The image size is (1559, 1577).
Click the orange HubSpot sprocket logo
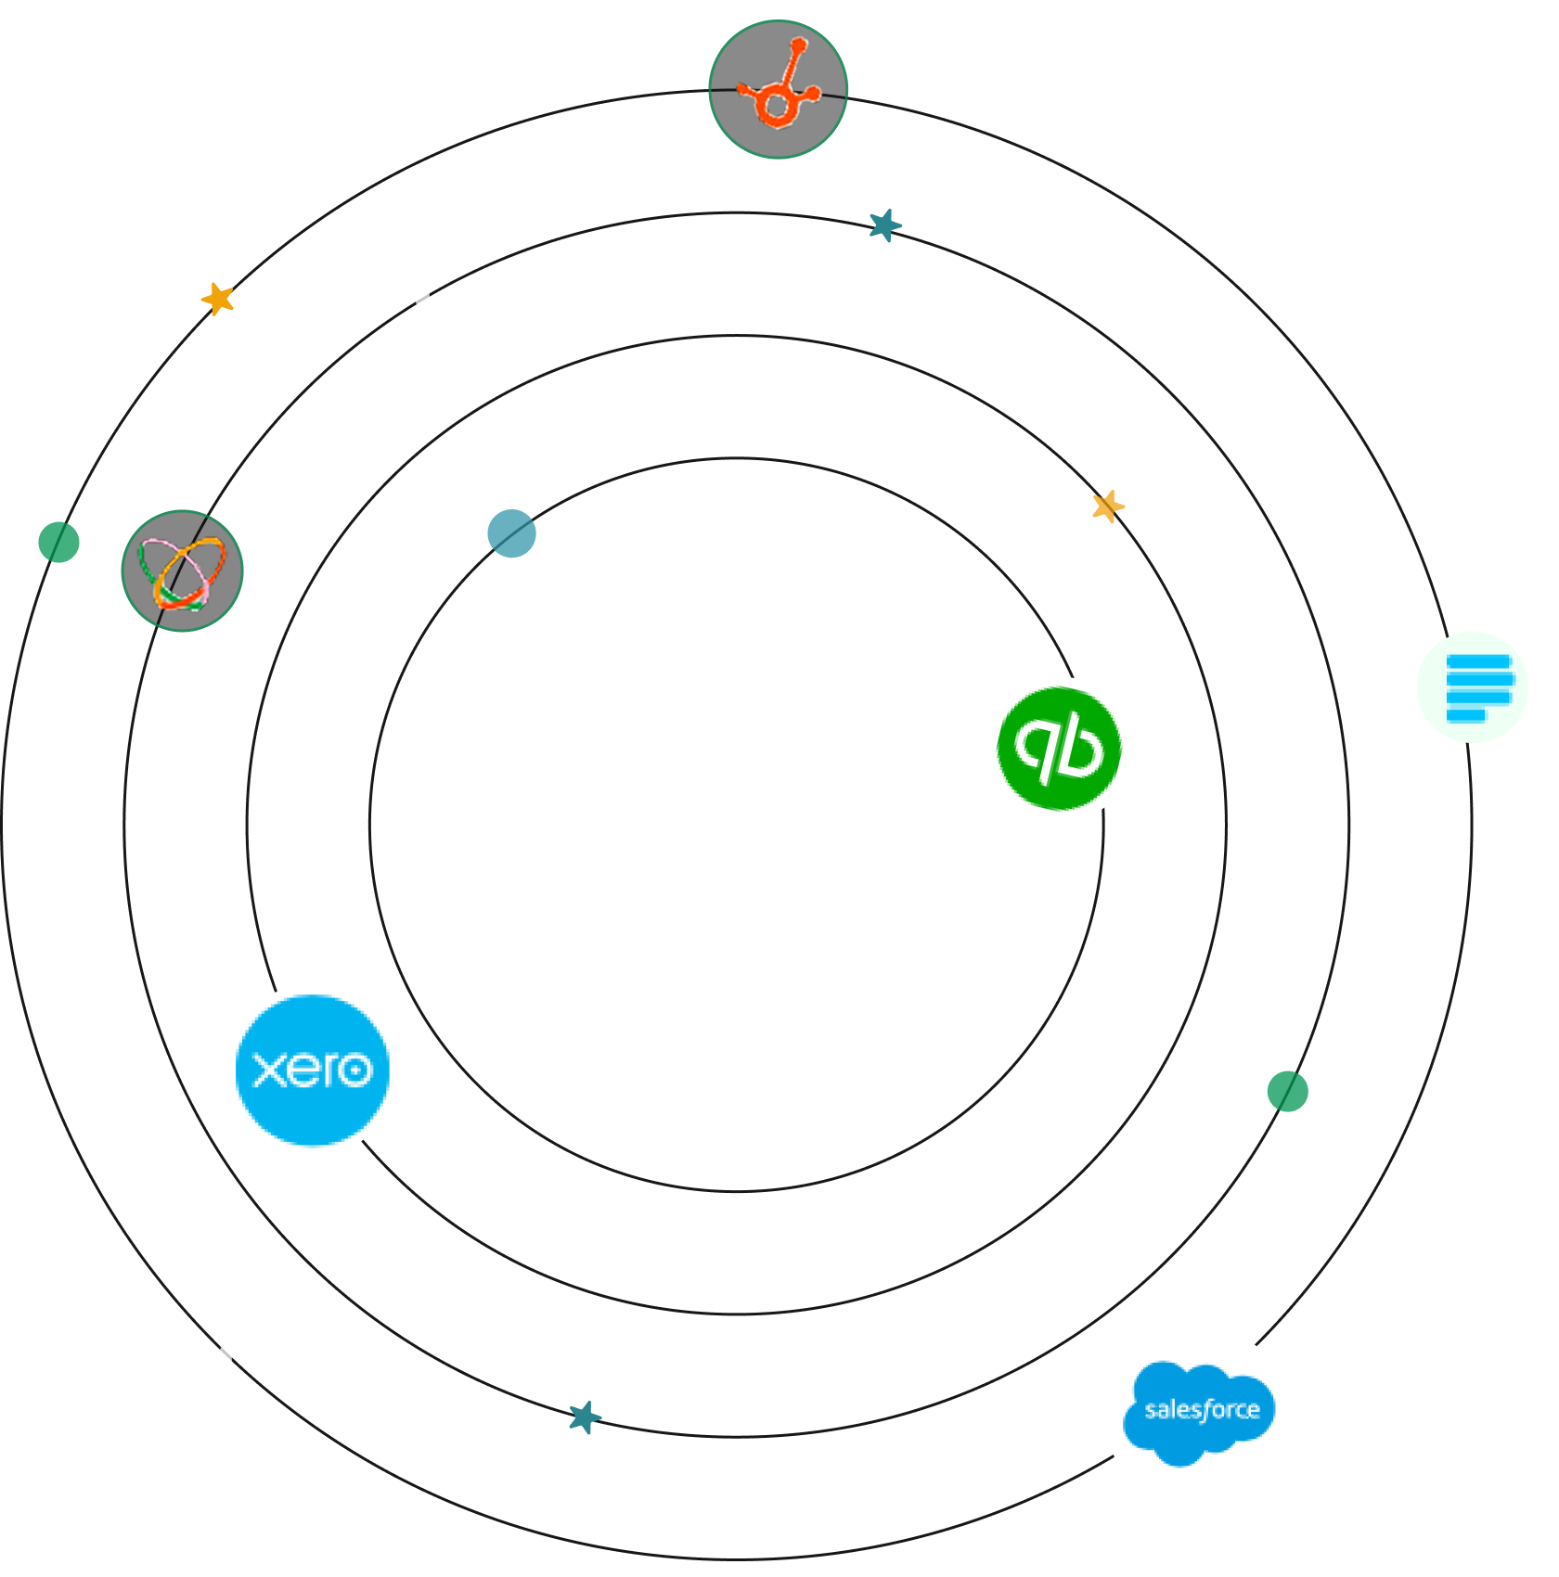(x=778, y=89)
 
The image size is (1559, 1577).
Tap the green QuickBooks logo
(x=1061, y=749)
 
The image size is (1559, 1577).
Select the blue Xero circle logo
(x=312, y=1070)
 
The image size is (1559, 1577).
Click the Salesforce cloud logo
(x=1197, y=1416)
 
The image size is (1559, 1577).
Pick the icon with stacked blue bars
(x=1473, y=686)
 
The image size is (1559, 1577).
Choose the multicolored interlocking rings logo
(x=182, y=571)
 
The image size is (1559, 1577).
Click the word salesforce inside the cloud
(x=1202, y=1410)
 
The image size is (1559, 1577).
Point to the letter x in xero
(x=269, y=1071)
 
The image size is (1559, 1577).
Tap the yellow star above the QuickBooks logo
(x=1108, y=506)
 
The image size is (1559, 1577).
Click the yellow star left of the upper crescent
(x=218, y=299)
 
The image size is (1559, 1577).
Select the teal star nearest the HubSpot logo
(x=885, y=224)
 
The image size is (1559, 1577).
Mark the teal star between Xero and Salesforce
(x=585, y=1417)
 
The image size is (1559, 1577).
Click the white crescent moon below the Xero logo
(x=233, y=1362)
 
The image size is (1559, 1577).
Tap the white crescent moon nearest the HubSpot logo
(x=430, y=296)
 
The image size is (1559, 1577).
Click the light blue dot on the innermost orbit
(x=511, y=533)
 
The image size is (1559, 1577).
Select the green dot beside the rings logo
(x=58, y=542)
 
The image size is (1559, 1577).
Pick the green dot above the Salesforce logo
(x=1287, y=1091)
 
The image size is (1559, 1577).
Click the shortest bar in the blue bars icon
(x=1466, y=714)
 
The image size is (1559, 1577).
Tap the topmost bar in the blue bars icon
(x=1478, y=661)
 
